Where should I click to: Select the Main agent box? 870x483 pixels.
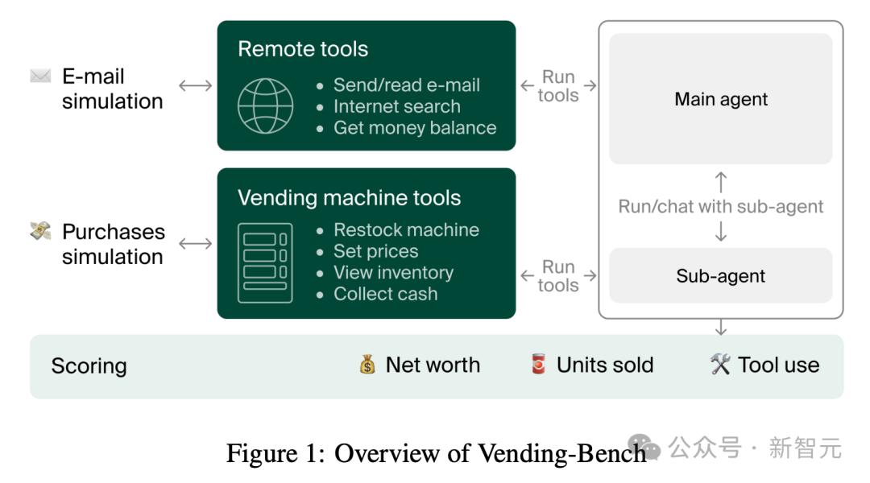(x=721, y=99)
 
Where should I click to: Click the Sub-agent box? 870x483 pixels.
(x=721, y=276)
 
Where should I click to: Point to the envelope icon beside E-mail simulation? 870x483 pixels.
(x=40, y=77)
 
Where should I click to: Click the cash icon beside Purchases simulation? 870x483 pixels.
(x=40, y=232)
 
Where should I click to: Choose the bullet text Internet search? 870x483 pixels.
(x=397, y=106)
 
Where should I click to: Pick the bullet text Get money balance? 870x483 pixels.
(x=415, y=127)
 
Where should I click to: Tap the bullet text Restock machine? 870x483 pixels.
(x=406, y=230)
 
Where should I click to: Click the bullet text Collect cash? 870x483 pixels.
(x=386, y=294)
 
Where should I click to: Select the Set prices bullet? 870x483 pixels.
(x=376, y=251)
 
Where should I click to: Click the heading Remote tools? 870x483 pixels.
(x=303, y=49)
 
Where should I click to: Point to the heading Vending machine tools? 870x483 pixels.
(x=350, y=198)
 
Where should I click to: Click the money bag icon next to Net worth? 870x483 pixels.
(x=367, y=365)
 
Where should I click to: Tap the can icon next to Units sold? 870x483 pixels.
(x=538, y=365)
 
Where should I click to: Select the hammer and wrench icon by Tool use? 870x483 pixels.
(x=720, y=365)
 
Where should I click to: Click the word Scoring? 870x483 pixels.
(x=89, y=366)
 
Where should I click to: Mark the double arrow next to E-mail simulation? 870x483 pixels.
(x=195, y=85)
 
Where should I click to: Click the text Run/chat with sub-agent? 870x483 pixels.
(x=721, y=206)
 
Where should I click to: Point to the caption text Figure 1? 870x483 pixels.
(x=275, y=453)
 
